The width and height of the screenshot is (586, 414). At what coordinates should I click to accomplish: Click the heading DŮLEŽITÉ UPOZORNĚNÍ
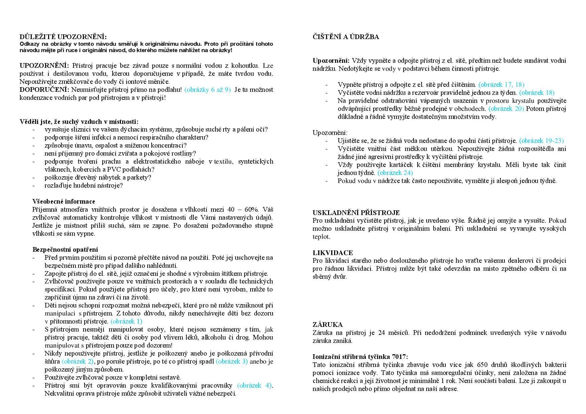[63, 37]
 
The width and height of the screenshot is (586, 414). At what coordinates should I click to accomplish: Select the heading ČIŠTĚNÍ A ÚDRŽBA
[346, 37]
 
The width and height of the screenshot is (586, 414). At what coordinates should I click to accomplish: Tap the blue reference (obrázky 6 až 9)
[207, 89]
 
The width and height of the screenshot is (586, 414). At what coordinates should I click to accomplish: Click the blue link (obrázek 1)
[126, 321]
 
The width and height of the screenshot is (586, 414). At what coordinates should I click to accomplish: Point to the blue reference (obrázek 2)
[78, 361]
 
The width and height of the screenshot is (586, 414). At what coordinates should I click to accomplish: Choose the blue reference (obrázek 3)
[232, 361]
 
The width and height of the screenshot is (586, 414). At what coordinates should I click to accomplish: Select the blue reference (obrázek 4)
[255, 385]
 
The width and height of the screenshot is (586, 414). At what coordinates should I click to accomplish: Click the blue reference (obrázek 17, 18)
[501, 84]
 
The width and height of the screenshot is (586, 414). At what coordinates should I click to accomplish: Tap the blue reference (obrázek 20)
[506, 109]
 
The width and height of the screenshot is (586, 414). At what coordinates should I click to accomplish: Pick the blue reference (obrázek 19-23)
[541, 141]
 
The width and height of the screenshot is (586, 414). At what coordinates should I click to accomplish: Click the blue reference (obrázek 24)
[395, 173]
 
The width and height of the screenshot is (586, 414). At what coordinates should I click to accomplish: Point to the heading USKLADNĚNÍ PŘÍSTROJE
[356, 213]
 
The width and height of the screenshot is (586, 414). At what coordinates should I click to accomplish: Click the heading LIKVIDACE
[333, 253]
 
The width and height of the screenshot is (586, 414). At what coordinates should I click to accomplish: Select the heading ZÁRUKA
[328, 325]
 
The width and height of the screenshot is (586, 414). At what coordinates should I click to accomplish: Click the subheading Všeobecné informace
[64, 201]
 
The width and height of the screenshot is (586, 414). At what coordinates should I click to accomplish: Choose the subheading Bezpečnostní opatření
[65, 249]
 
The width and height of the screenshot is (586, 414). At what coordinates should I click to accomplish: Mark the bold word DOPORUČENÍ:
[44, 89]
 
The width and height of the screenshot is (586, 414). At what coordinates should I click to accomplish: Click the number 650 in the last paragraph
[482, 365]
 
